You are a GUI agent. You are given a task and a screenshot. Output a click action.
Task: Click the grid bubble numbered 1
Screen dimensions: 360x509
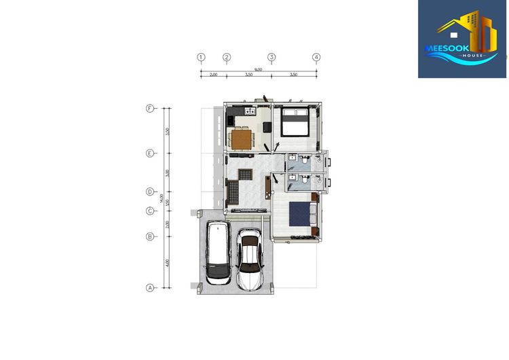coord(201,57)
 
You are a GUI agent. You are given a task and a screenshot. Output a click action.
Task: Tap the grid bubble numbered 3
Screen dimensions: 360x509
coord(271,57)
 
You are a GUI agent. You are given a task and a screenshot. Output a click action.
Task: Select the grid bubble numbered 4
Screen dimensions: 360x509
coord(316,57)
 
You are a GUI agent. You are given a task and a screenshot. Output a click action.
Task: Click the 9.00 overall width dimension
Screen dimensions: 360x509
coord(259,69)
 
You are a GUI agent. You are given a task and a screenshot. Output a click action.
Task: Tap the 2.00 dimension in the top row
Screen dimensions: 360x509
coord(213,75)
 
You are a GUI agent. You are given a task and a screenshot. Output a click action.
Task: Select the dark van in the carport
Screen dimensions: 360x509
coord(219,252)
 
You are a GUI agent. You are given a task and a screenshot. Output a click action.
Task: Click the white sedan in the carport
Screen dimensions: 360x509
coord(250,257)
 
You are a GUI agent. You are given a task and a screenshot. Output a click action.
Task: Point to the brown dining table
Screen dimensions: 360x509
coord(241,139)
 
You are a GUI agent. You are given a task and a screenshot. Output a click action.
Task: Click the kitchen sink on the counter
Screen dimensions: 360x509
coord(249,109)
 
